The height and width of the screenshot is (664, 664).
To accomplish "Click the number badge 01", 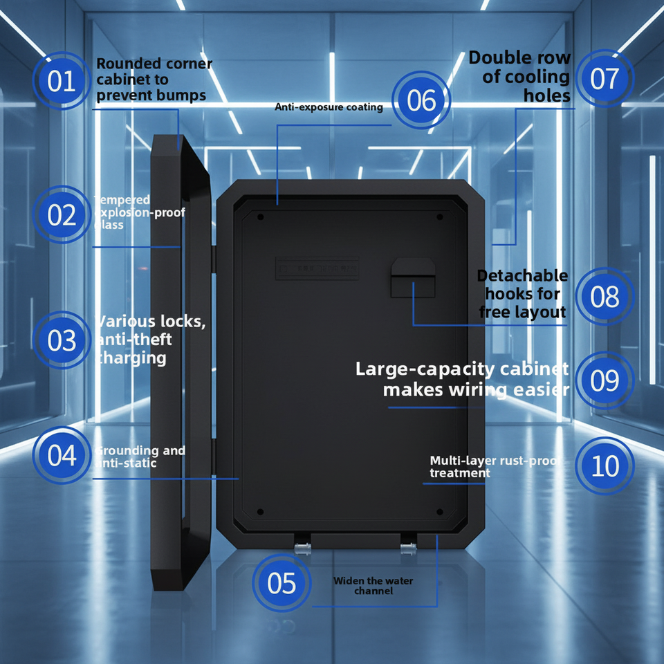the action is pyautogui.click(x=61, y=82).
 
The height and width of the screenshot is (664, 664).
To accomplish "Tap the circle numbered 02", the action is pyautogui.click(x=62, y=215).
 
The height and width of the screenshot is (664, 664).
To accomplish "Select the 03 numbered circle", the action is pyautogui.click(x=62, y=340).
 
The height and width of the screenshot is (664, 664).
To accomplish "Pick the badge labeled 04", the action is pyautogui.click(x=62, y=456).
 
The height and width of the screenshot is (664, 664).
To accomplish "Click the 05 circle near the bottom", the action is pyautogui.click(x=282, y=583).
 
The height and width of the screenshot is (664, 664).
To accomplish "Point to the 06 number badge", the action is pyautogui.click(x=421, y=101).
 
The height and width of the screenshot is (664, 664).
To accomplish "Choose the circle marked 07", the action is pyautogui.click(x=605, y=78).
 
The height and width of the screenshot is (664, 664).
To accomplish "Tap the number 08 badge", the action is pyautogui.click(x=605, y=297).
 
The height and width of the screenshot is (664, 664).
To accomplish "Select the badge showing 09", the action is pyautogui.click(x=605, y=381).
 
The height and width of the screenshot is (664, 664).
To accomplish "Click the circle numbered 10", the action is pyautogui.click(x=605, y=465).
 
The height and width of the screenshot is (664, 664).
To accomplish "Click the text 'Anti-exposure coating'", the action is pyautogui.click(x=329, y=107).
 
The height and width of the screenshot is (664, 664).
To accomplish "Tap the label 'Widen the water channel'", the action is pyautogui.click(x=373, y=586).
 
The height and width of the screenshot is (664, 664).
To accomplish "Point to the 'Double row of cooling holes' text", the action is pyautogui.click(x=520, y=76).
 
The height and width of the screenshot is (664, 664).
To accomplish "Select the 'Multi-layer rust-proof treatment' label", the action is pyautogui.click(x=494, y=467).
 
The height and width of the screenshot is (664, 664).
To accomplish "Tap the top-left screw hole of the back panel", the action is pyautogui.click(x=261, y=217).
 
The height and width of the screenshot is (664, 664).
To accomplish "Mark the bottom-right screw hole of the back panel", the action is pyautogui.click(x=439, y=513).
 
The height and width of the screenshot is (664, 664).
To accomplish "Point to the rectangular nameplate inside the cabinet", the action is pyautogui.click(x=317, y=266).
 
